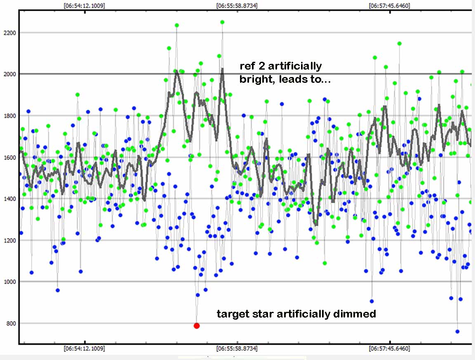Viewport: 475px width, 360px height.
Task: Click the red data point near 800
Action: [197, 326]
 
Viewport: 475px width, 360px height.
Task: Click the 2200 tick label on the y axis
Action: [9, 33]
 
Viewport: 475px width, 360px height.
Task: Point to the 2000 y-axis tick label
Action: [9, 74]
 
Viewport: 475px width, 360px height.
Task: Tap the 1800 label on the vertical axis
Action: [9, 116]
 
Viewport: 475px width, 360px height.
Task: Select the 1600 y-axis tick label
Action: [9, 157]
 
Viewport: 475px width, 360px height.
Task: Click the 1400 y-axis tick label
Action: [9, 199]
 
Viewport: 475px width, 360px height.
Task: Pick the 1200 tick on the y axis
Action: [9, 241]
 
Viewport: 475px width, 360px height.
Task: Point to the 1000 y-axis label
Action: [9, 282]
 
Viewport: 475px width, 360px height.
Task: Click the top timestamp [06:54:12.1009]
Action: [84, 6]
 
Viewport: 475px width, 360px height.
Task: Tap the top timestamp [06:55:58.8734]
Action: [237, 6]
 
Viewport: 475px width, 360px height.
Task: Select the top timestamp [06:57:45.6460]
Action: [390, 6]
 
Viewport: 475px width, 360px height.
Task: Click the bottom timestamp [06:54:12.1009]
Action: [84, 348]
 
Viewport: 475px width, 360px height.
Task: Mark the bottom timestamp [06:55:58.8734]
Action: [237, 348]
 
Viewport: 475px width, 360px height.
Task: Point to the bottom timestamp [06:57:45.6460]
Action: [390, 348]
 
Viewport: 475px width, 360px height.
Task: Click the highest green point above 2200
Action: [222, 22]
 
